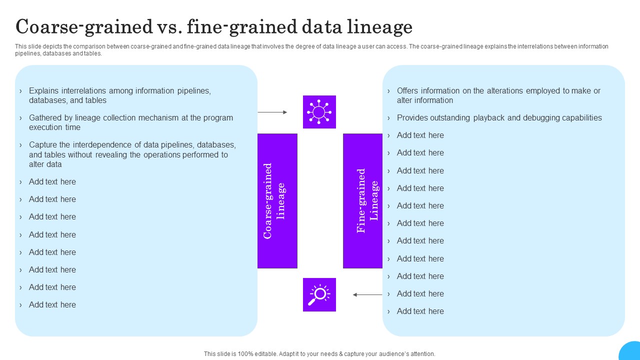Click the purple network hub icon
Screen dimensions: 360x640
click(319, 112)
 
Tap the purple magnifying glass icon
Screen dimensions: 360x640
click(319, 294)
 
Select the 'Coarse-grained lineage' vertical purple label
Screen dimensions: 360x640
click(277, 200)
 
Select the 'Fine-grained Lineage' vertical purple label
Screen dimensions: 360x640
click(362, 200)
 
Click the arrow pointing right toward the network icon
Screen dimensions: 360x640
click(272, 112)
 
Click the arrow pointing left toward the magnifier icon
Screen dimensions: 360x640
click(367, 295)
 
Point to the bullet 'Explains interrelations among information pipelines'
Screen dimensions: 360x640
click(120, 95)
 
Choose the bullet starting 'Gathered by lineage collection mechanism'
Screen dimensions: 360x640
click(131, 122)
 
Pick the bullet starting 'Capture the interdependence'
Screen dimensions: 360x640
click(132, 154)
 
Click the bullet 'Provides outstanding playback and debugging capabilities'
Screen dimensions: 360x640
click(499, 118)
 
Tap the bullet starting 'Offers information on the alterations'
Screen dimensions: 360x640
click(498, 95)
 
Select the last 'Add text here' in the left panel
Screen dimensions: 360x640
click(52, 305)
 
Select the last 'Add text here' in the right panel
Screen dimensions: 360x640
click(420, 311)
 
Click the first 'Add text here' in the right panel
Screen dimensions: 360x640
click(420, 135)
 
